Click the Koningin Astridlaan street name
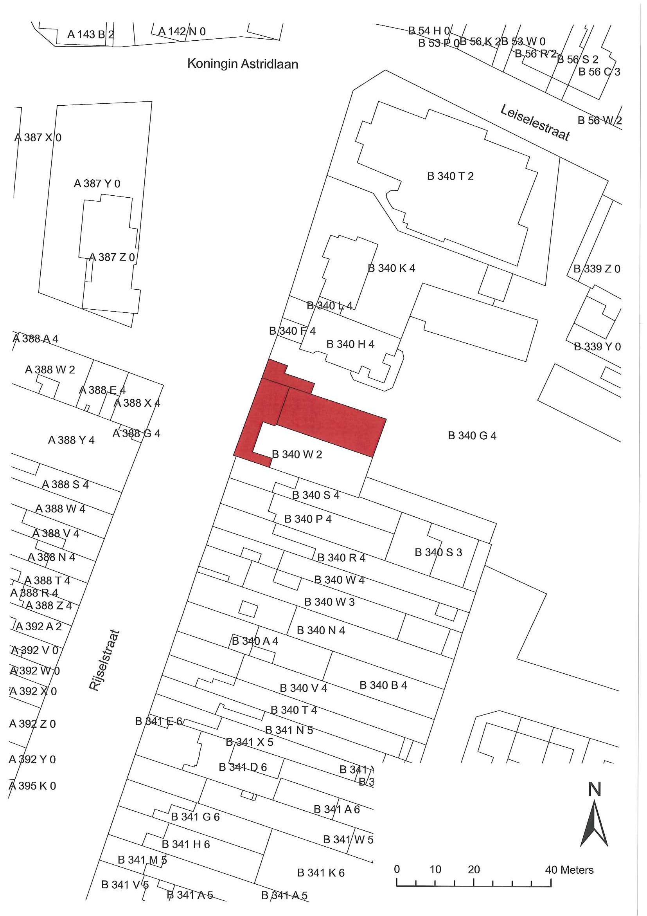243,64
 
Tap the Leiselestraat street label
535,123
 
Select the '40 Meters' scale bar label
569,870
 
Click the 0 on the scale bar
397,869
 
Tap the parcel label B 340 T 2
450,176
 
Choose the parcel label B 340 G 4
472,436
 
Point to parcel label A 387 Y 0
97,184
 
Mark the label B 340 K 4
391,269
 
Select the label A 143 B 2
90,34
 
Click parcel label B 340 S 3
438,553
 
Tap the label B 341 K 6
320,873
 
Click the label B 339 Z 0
597,269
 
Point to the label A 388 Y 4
71,440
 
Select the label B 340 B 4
383,685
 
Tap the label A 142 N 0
182,32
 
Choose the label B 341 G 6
195,817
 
